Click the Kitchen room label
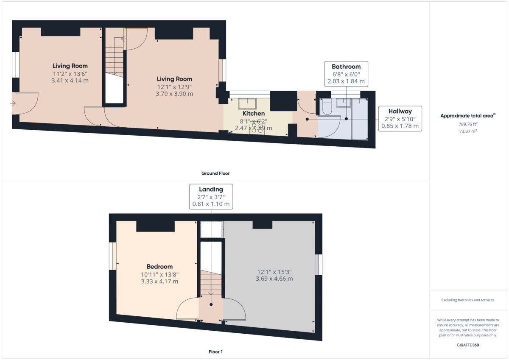(x=253, y=113)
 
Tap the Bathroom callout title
(x=346, y=67)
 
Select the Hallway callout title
(x=400, y=111)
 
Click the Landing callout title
(x=211, y=190)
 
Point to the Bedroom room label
(x=159, y=266)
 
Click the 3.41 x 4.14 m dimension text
(x=70, y=81)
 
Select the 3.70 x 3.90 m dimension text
(x=174, y=94)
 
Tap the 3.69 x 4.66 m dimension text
(x=274, y=279)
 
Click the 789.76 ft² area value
(x=468, y=124)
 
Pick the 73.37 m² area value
(x=468, y=131)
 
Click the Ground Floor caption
(x=215, y=173)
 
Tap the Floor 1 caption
(x=215, y=352)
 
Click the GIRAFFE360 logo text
(x=468, y=345)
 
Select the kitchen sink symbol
(x=247, y=104)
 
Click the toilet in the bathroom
(x=327, y=106)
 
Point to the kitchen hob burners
(x=257, y=128)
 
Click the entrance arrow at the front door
(x=13, y=103)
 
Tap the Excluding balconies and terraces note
(x=467, y=300)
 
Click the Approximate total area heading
(x=468, y=116)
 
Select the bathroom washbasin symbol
(x=343, y=103)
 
